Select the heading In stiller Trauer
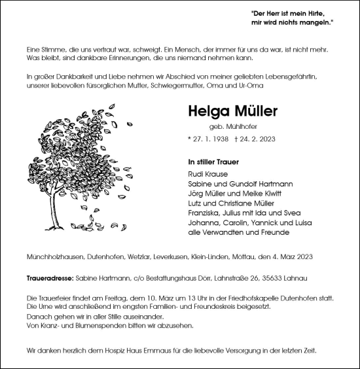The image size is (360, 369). [x=213, y=161]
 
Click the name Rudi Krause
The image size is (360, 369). [x=207, y=175]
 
